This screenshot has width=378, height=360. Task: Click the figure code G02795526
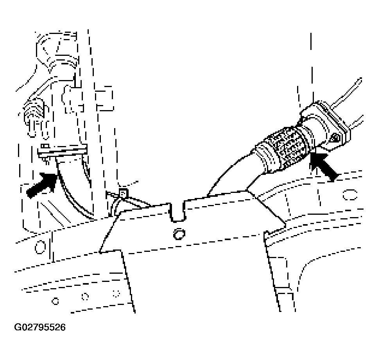click(40, 327)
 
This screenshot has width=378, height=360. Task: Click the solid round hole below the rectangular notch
click(179, 234)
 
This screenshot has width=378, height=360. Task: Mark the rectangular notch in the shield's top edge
click(178, 212)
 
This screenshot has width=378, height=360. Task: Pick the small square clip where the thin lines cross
click(123, 193)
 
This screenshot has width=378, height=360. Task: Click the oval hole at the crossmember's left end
click(40, 247)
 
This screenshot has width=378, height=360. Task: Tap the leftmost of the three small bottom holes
click(56, 301)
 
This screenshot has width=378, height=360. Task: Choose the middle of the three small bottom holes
click(85, 296)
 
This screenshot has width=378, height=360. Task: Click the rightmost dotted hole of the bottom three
click(116, 294)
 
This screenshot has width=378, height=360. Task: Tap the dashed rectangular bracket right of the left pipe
click(104, 98)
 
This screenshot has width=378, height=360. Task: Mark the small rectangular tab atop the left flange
click(45, 146)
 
